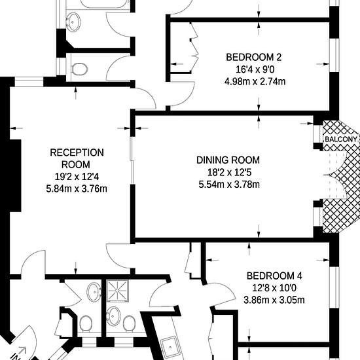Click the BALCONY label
pos(341,139)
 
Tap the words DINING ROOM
pos(228,160)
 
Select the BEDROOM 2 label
pos(254,57)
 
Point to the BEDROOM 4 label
pos(274,276)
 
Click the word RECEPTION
pos(77,153)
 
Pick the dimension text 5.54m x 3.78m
pos(229,185)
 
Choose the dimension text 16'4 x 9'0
pos(255,69)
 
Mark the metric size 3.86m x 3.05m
pos(274,300)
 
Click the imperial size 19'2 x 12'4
pos(77,177)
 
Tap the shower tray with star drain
pos(118,291)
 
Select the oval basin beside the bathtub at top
pos(73,22)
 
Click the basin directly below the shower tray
pos(113,316)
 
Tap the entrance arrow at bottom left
pos(22,350)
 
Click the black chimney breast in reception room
pos(15,175)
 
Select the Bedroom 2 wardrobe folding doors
pos(194,48)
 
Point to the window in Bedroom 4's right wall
pos(334,287)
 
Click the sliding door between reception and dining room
pos(132,160)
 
